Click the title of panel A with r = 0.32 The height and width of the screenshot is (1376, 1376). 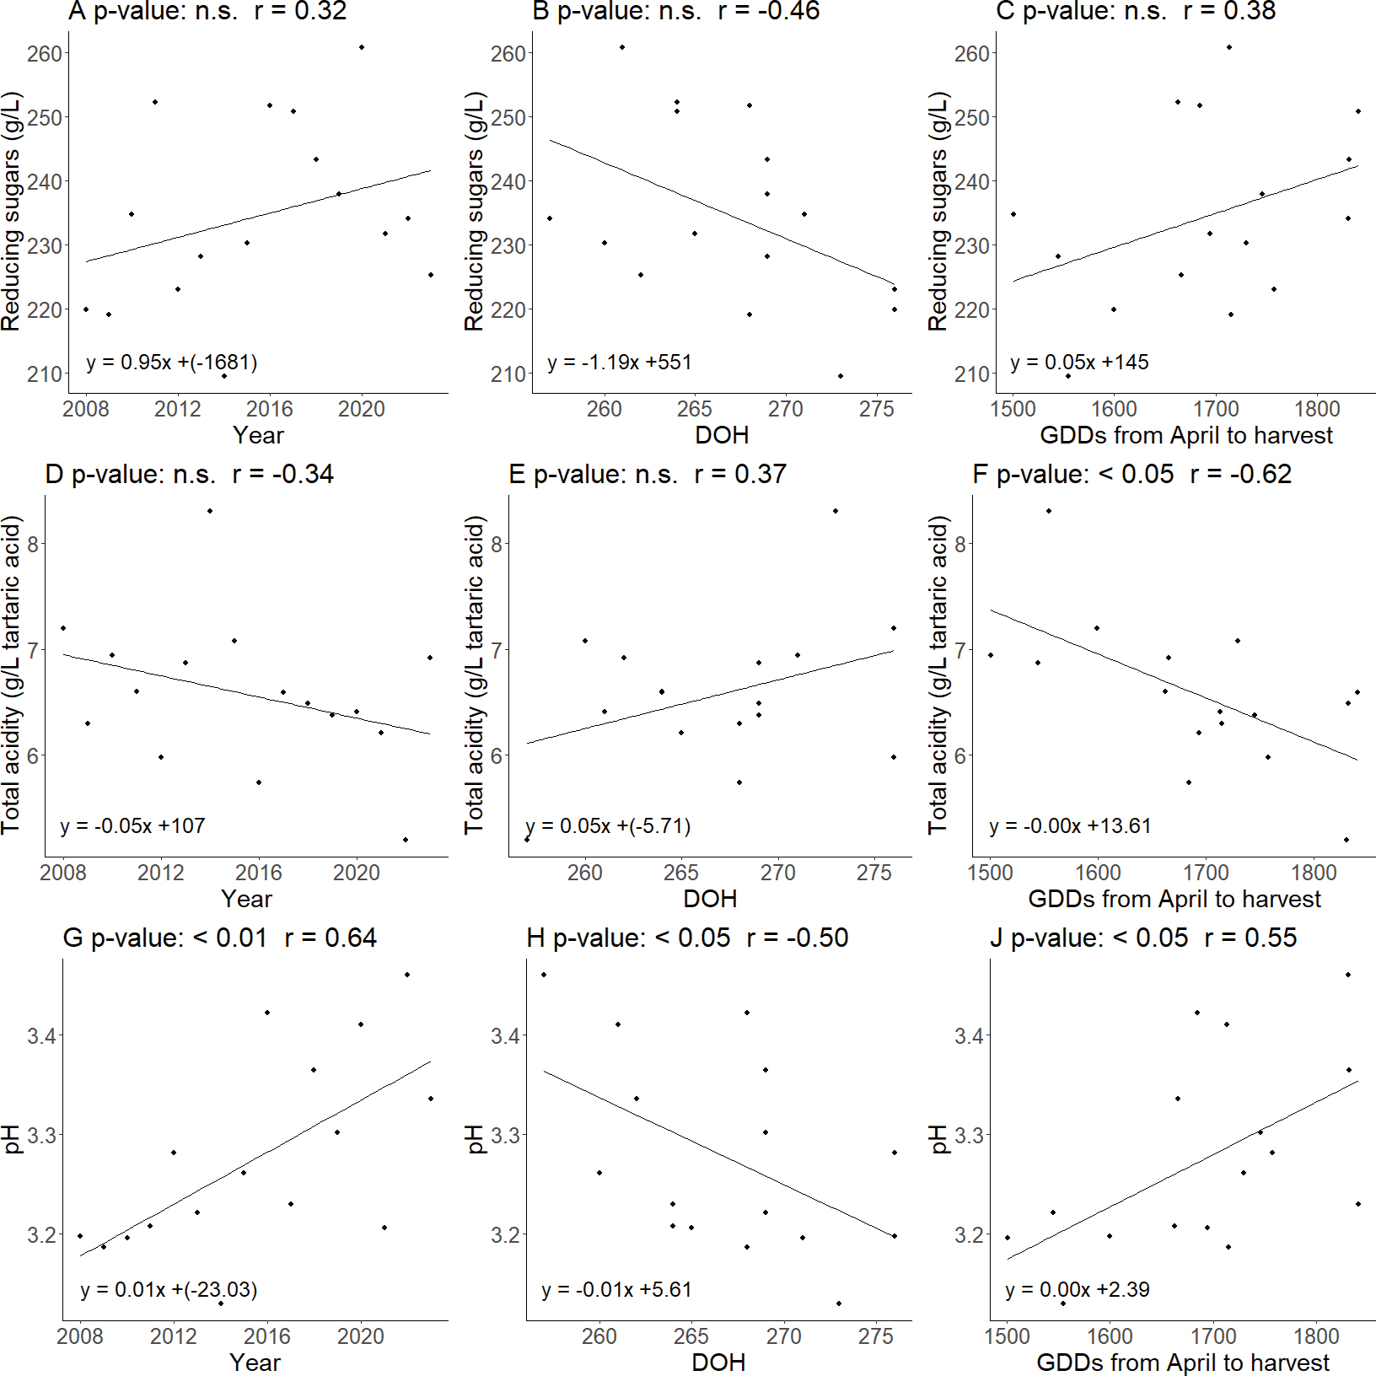pos(207,12)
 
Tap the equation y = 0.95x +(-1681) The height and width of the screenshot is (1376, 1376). pos(172,363)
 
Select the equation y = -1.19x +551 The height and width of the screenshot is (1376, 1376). pos(620,363)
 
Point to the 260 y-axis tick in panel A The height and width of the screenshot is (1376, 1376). pos(45,54)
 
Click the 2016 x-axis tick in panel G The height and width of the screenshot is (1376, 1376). pos(267,1336)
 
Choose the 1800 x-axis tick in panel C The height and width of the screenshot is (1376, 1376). pos(1317,409)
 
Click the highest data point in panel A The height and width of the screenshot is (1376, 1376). pos(362,47)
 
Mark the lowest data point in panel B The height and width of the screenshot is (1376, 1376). pos(841,376)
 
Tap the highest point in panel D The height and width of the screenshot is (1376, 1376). pos(210,511)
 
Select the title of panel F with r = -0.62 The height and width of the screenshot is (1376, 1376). pos(1132,475)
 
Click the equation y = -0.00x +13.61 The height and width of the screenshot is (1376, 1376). pos(1071,826)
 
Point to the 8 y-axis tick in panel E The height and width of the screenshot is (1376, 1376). pos(497,545)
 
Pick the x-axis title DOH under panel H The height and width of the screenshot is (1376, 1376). pos(718,1363)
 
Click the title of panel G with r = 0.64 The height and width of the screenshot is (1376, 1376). pos(220,938)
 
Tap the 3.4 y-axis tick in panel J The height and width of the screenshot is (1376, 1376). pos(970,1036)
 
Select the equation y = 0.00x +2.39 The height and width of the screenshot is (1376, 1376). pos(1078,1290)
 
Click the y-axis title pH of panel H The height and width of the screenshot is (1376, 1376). pos(476,1138)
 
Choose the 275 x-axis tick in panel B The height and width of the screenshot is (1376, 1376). pos(877,409)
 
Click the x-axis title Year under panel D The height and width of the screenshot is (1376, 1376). pos(247,899)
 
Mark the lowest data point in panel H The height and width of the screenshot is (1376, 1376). pos(839,1303)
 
